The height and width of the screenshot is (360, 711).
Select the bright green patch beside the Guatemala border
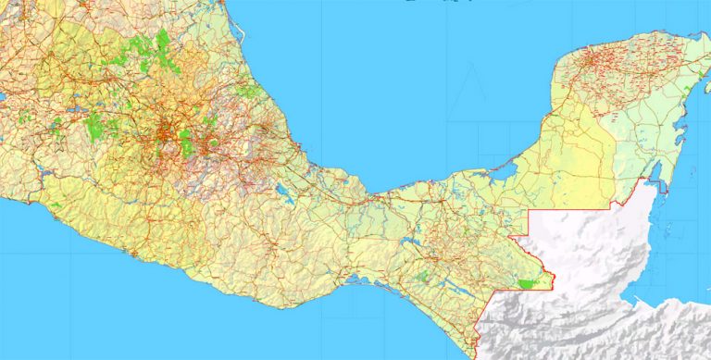pyautogui.click(x=529, y=283)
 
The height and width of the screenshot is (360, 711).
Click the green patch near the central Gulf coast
pyautogui.click(x=247, y=91)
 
